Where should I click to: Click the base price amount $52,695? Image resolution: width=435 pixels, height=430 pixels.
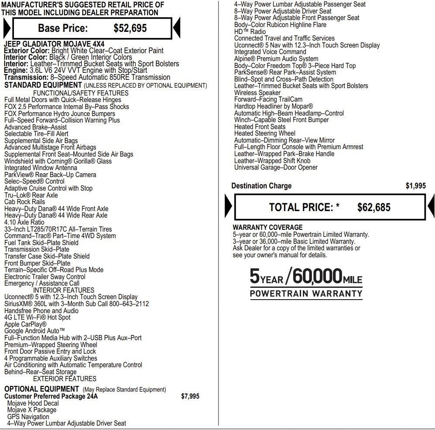[x=130, y=28]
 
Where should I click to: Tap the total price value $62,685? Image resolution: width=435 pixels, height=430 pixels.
[x=373, y=208]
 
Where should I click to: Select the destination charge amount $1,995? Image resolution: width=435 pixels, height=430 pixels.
[x=415, y=186]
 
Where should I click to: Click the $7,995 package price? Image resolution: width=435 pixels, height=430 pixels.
[x=190, y=396]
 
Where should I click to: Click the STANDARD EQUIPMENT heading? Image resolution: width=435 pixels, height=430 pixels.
[x=43, y=85]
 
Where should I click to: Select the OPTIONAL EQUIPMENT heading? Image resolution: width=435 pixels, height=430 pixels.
[x=41, y=389]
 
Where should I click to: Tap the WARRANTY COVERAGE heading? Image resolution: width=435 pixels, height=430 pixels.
[x=267, y=227]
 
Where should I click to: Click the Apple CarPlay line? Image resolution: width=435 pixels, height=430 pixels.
[x=25, y=324]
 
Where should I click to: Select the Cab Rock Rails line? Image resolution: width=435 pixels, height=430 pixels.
[x=24, y=202]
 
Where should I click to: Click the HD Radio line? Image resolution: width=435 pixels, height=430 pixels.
[x=250, y=32]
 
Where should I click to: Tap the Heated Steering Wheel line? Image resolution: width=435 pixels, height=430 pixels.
[x=264, y=133]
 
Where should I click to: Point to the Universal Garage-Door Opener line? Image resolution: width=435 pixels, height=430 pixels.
[x=276, y=167]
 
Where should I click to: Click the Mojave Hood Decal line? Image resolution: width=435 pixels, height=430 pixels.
[x=33, y=403]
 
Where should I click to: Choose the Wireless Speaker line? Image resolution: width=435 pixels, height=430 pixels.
[x=257, y=92]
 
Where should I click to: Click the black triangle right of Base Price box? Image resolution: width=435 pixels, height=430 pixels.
[x=177, y=29]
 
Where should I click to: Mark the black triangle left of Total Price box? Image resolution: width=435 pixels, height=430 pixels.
[x=229, y=207]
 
